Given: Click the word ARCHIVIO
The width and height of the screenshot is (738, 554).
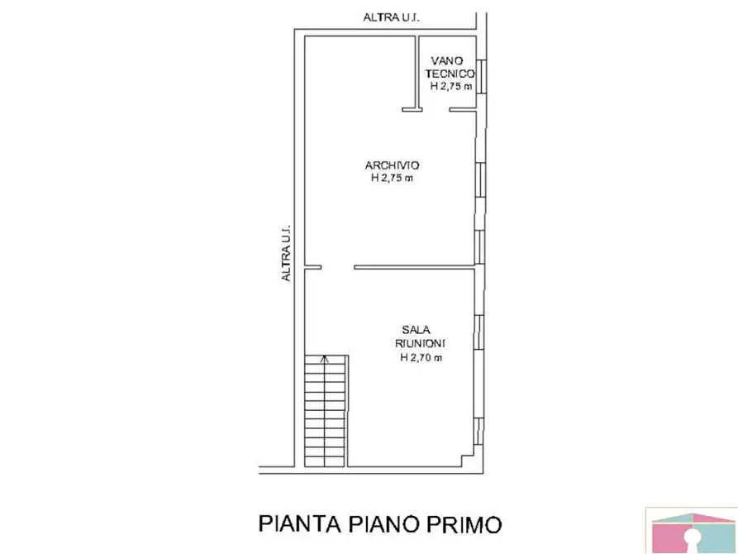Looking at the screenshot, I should tap(393, 165).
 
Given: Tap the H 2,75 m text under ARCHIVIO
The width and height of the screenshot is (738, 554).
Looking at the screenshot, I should tap(393, 177).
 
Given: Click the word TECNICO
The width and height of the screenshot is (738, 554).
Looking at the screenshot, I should tap(450, 73).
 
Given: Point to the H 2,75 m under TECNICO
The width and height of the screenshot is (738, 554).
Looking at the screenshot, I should tap(451, 86).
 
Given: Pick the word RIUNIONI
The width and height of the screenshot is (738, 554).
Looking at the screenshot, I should tap(421, 343).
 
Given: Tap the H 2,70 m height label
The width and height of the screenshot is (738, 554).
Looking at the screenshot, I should tap(421, 357).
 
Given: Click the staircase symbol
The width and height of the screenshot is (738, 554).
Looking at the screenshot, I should tap(325, 411).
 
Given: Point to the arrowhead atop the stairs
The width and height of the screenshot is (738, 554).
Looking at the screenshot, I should tap(325, 359).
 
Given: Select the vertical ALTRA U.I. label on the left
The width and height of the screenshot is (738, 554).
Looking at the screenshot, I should tap(287, 254).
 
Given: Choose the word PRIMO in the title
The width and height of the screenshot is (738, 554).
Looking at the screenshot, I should tap(462, 524).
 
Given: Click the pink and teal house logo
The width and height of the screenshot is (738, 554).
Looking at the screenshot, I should tap(691, 529).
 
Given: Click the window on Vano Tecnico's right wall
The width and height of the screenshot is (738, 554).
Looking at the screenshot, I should tap(482, 79).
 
